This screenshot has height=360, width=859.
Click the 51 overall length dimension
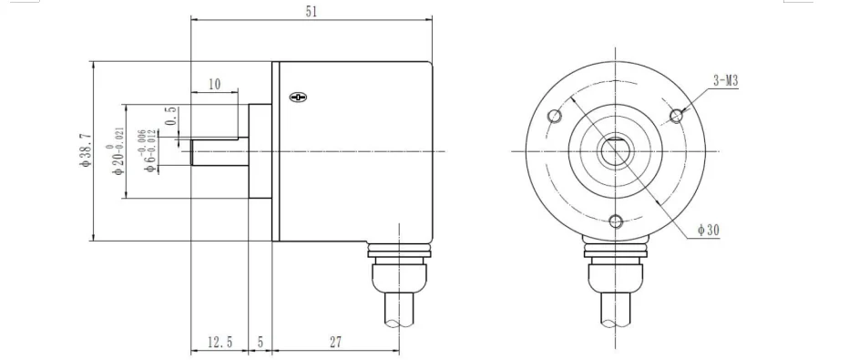[312, 12]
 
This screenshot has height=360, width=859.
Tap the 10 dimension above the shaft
[214, 84]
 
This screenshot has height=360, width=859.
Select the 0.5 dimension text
[170, 116]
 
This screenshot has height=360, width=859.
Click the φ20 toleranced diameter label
[118, 152]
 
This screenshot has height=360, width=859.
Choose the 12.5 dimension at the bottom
[220, 343]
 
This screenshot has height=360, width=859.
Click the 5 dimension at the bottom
[261, 343]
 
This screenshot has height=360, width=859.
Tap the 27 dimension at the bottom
[335, 343]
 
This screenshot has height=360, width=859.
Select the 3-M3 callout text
[725, 82]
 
